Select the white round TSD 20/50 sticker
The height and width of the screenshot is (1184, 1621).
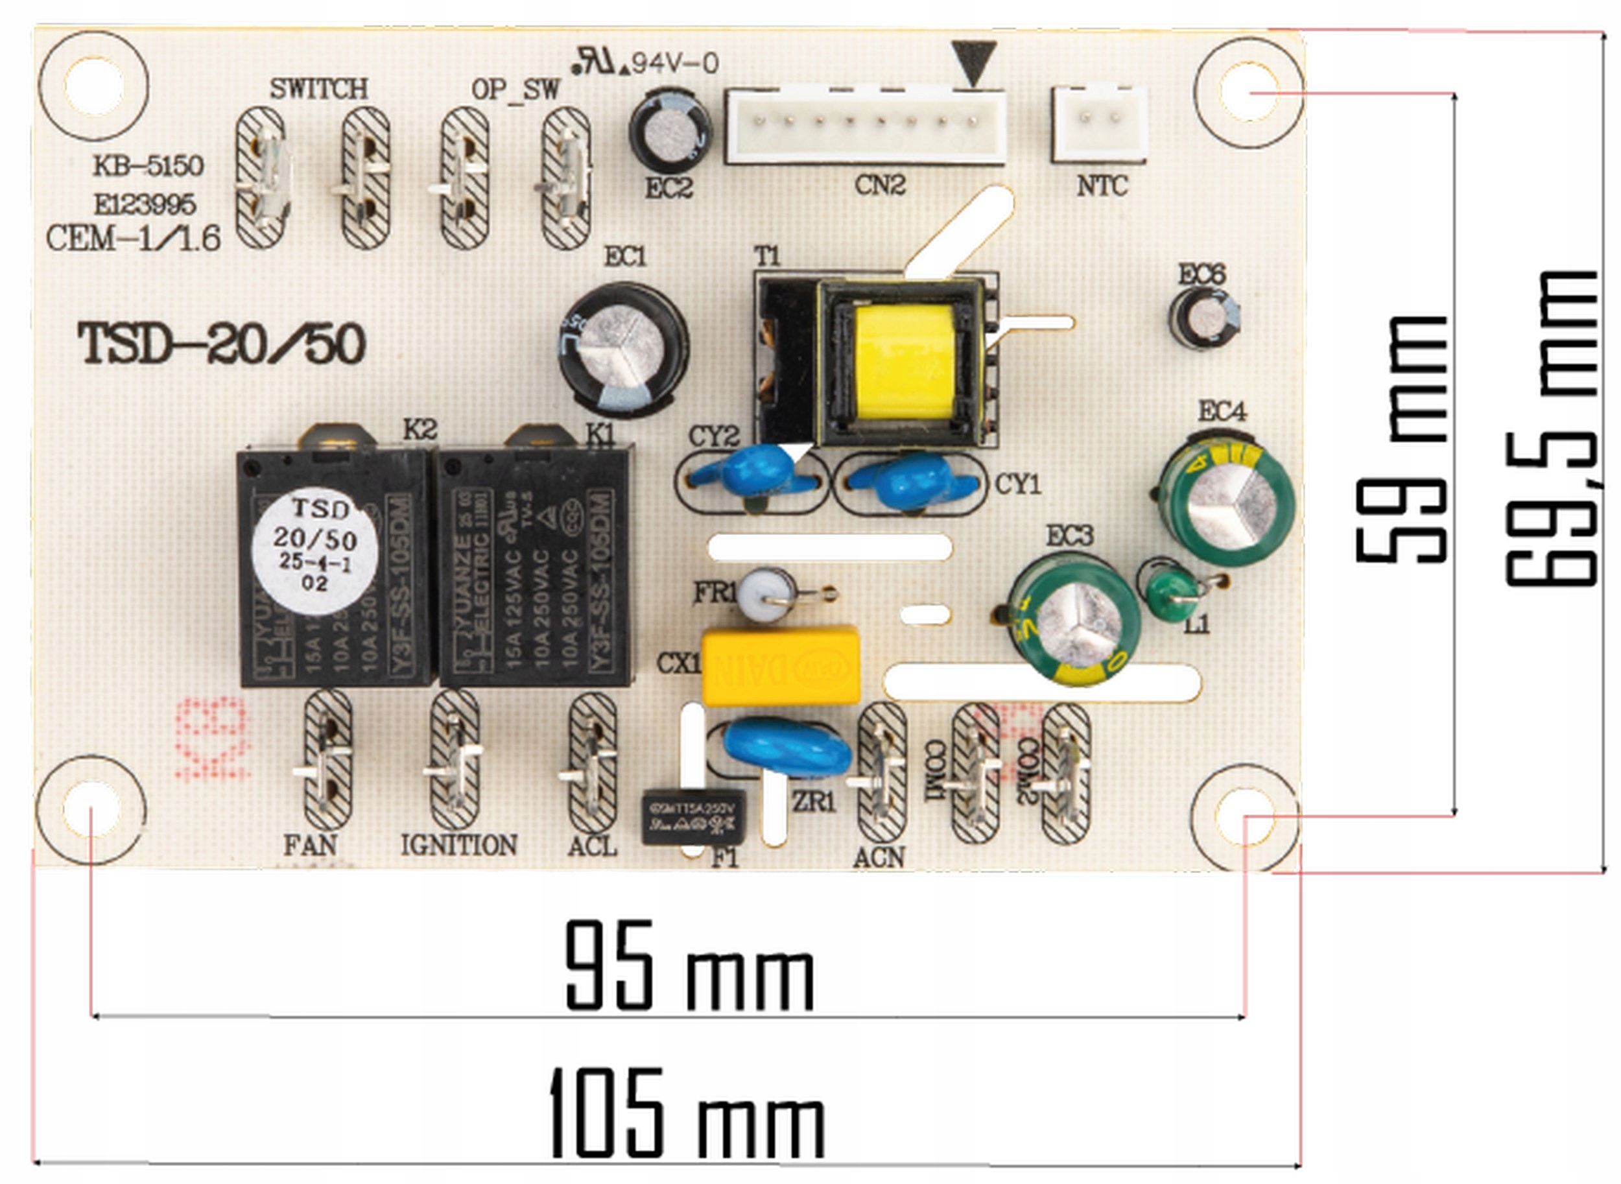point(315,551)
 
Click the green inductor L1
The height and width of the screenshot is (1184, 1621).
point(1172,592)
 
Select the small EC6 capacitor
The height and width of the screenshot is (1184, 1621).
point(1205,318)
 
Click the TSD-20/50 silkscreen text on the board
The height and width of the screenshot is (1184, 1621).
point(222,344)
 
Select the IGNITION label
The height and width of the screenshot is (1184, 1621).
point(459,845)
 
